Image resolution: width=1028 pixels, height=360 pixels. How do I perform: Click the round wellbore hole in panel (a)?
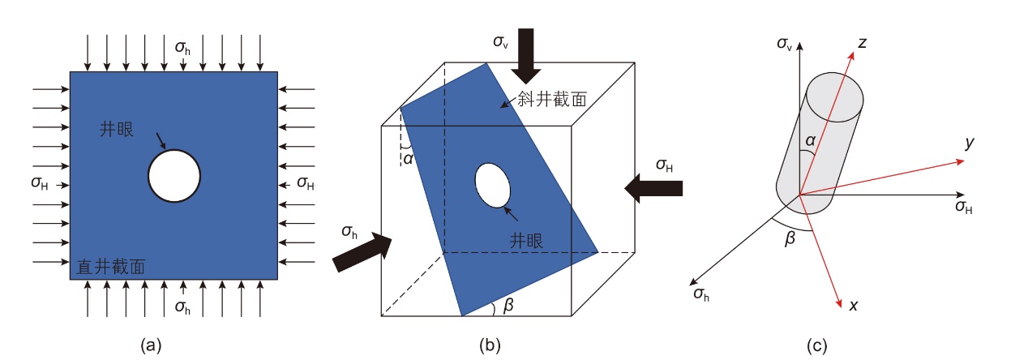coord(174,176)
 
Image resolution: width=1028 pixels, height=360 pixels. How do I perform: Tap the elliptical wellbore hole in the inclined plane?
coord(492,186)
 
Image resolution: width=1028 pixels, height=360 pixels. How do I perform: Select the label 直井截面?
coord(111,267)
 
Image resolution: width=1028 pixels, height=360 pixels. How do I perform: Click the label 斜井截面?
coord(552,99)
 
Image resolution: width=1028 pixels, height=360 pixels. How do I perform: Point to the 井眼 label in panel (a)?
coord(117,129)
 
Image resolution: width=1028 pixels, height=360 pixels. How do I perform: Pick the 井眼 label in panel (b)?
coord(526,241)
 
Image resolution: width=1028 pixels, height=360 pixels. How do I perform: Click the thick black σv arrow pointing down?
coord(526,56)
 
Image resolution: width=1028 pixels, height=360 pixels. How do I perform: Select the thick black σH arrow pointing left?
coord(653,188)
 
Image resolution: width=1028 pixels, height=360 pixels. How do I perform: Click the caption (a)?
coord(151,345)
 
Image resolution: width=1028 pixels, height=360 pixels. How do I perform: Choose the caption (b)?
coord(490,345)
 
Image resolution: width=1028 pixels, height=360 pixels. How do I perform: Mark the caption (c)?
coord(817,345)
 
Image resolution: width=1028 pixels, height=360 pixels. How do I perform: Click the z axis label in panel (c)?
coord(862,43)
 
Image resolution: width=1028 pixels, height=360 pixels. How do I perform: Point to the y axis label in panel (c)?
coord(969,143)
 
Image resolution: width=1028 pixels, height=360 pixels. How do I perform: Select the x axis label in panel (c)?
coord(853,306)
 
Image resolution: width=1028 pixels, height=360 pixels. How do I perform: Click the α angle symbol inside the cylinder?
coord(810,140)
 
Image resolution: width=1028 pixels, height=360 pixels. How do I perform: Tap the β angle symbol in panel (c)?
coord(790,238)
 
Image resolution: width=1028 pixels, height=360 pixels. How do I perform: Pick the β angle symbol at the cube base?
coord(508,306)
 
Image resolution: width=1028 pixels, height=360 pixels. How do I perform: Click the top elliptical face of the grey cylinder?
coord(835,96)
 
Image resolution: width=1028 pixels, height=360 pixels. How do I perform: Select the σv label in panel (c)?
coord(784,44)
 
